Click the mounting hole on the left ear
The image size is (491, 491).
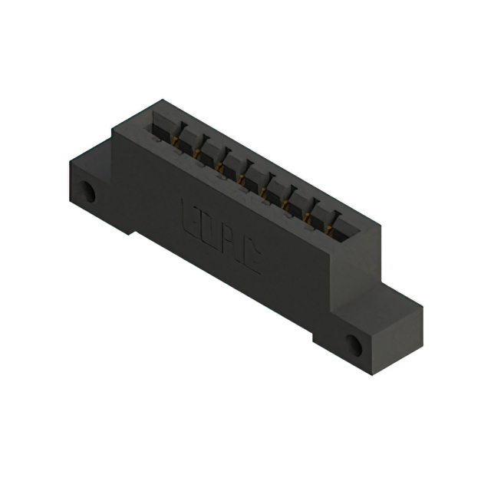click(x=90, y=192)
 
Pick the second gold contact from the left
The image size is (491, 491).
click(x=197, y=155)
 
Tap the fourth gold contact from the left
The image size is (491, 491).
click(x=242, y=180)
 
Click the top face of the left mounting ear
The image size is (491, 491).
click(x=91, y=157)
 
